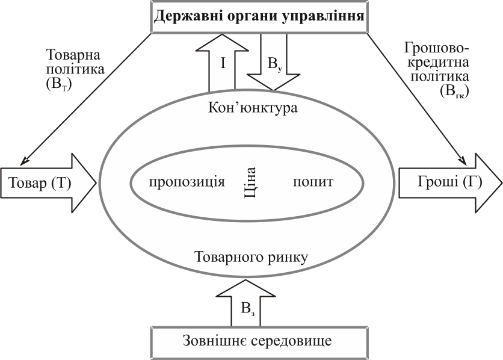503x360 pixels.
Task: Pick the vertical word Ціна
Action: pos(251,181)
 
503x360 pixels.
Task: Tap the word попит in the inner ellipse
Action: pos(313,182)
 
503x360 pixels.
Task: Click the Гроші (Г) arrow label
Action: pos(440,182)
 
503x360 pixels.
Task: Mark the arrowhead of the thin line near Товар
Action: pos(23,161)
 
